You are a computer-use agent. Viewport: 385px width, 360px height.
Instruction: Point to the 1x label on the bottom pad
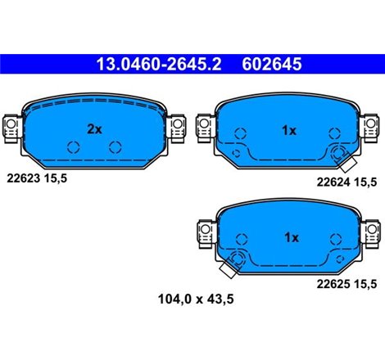point(292,237)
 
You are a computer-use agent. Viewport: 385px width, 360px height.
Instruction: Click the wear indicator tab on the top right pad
point(342,155)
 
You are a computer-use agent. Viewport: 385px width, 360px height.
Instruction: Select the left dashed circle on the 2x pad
point(73,147)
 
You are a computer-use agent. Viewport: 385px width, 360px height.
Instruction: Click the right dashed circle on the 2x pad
point(115,147)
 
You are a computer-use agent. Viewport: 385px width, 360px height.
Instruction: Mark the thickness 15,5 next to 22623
point(55,176)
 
